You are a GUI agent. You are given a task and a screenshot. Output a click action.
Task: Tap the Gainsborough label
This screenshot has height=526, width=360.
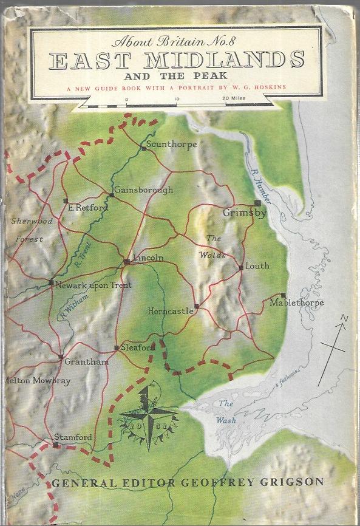coord(144,190)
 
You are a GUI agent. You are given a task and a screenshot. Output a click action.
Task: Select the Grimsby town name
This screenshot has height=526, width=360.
coord(245,213)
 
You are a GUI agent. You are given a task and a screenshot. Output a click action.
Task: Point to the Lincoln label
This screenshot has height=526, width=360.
coord(148,258)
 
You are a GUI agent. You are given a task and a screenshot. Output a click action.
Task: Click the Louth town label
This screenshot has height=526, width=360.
coord(257,266)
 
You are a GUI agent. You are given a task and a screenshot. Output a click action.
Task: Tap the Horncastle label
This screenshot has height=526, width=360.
coord(171,311)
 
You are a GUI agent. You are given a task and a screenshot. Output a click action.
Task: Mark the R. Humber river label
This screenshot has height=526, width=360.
coord(262,187)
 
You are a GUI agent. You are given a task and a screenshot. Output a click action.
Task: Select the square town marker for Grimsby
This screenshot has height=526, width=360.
coord(258,203)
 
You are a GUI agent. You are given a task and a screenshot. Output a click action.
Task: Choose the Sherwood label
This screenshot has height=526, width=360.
coord(32,222)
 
